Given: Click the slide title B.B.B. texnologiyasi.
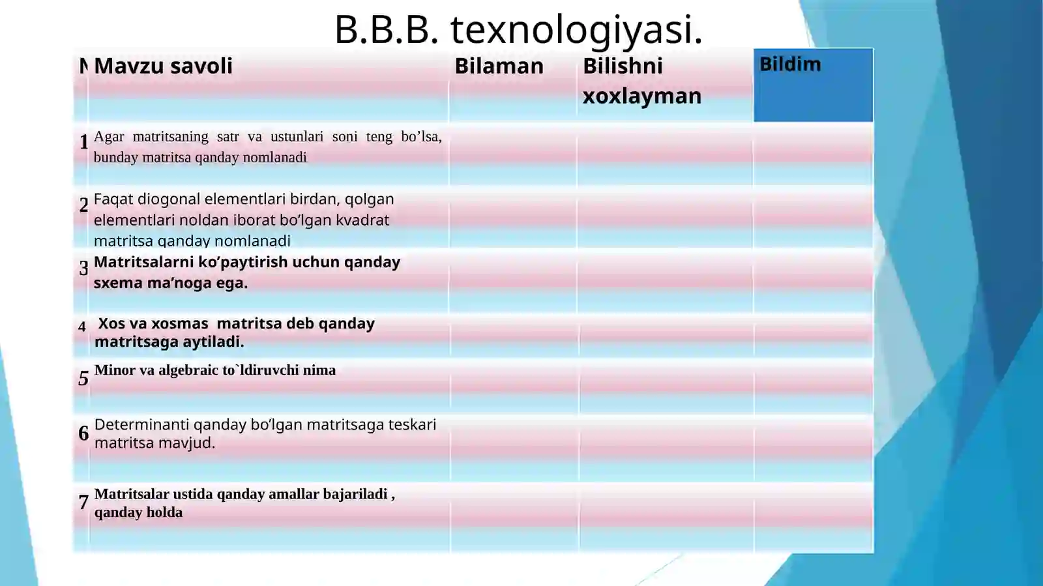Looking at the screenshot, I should [x=518, y=29].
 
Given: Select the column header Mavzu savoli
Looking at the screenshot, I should [x=163, y=66].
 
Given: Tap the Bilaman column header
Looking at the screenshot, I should [x=499, y=66].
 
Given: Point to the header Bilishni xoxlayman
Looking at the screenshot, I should [x=641, y=81].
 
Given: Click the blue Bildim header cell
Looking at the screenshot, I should [x=813, y=85].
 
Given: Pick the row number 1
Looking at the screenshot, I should [x=83, y=141].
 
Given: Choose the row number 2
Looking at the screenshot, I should [x=83, y=205].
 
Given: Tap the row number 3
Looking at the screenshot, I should [x=83, y=267].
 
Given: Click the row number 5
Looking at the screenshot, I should [x=83, y=378].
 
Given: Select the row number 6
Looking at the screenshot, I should [x=83, y=433].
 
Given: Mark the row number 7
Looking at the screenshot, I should [x=83, y=502].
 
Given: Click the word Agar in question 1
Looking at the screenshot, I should [x=109, y=136].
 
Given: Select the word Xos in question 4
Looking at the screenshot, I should [x=111, y=323].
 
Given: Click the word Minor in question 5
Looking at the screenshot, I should [x=115, y=370].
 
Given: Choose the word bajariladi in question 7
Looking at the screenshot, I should [x=355, y=494].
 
